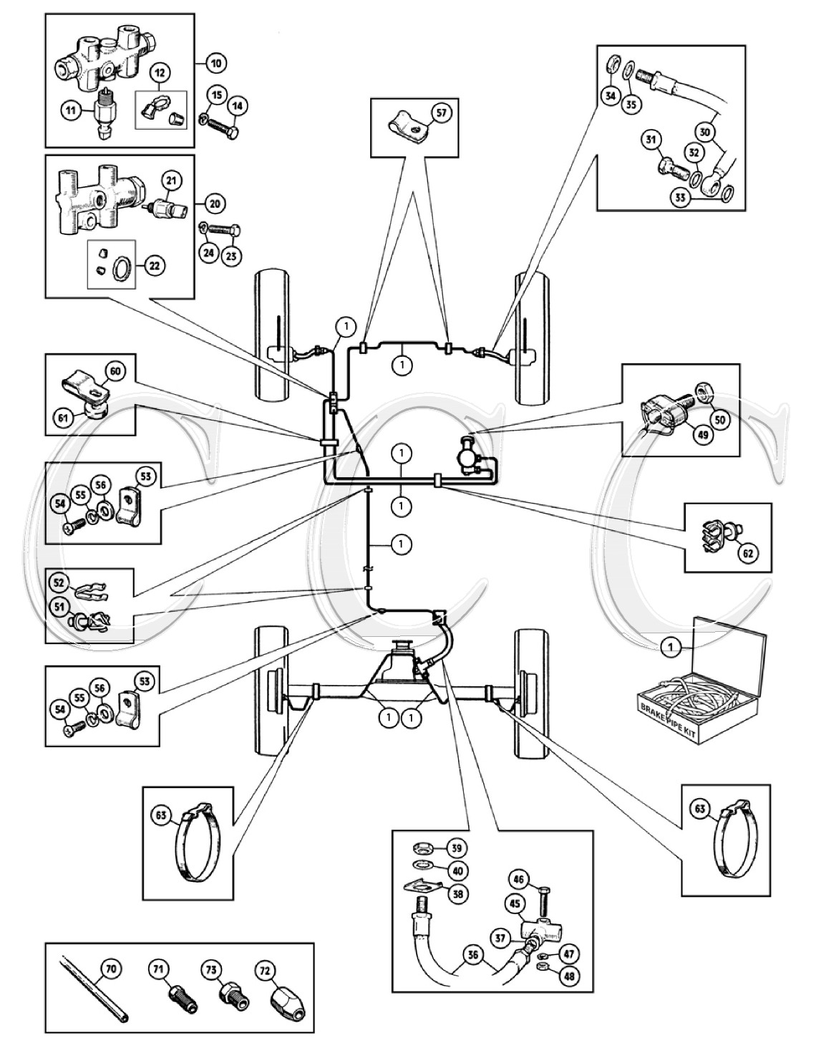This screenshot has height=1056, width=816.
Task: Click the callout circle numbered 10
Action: [215, 64]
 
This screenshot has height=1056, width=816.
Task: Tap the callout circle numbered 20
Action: [215, 204]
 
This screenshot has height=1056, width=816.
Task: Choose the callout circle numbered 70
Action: [111, 970]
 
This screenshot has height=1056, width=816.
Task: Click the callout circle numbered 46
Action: [539, 878]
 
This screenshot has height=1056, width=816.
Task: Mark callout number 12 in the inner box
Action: [159, 72]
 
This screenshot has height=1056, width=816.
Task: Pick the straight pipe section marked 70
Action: [94, 994]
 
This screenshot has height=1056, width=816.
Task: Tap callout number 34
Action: [609, 95]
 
